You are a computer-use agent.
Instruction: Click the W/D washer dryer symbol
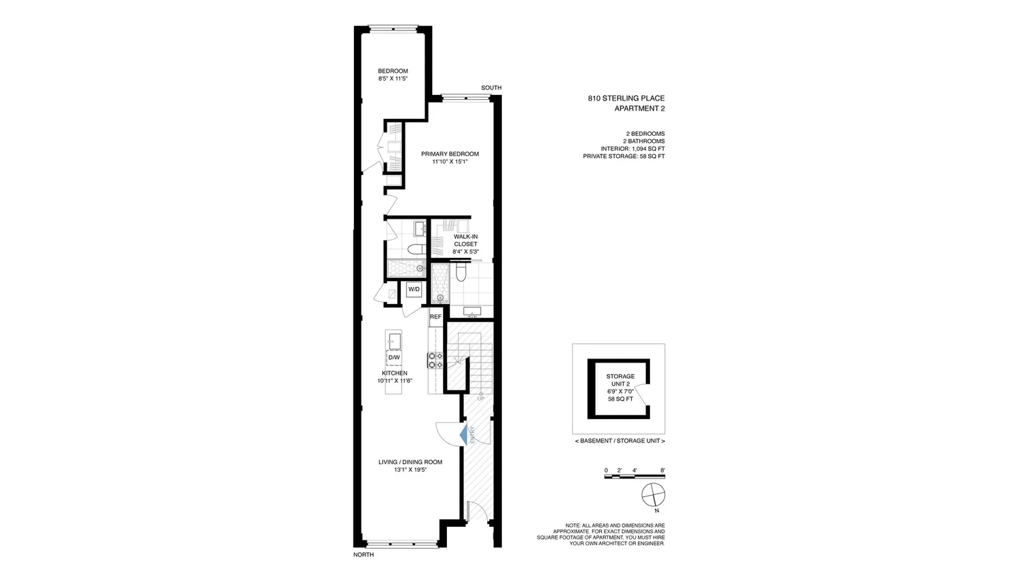pos(414,289)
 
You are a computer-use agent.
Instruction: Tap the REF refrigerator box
pos(435,317)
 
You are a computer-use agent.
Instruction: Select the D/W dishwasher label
pos(394,357)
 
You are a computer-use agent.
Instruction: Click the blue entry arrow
pos(463,435)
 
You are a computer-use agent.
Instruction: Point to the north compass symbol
pos(654,496)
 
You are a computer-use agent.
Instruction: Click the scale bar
pos(634,477)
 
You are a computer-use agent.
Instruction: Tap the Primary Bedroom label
pos(450,153)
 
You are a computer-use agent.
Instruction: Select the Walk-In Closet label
pos(465,240)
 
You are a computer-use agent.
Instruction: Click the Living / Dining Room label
pos(410,462)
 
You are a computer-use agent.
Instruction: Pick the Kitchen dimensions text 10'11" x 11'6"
pos(395,381)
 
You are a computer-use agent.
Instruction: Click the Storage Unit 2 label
pos(620,380)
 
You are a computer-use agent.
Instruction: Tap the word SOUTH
pos(491,88)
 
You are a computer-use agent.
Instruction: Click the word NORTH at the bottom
pos(363,555)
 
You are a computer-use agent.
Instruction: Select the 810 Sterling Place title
pos(626,98)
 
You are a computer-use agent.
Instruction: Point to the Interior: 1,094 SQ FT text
pos(632,149)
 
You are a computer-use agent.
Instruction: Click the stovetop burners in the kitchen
pos(435,361)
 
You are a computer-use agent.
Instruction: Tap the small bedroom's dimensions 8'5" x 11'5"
pos(393,79)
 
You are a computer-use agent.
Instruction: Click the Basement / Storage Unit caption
pos(620,441)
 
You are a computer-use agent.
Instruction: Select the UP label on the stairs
pos(481,399)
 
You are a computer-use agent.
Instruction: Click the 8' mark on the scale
pos(663,470)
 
